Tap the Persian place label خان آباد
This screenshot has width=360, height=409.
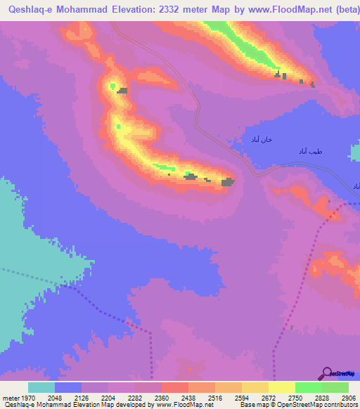coord(257,140)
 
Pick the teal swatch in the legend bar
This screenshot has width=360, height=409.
coord(41,387)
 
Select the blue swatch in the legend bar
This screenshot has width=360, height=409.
coord(67,387)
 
